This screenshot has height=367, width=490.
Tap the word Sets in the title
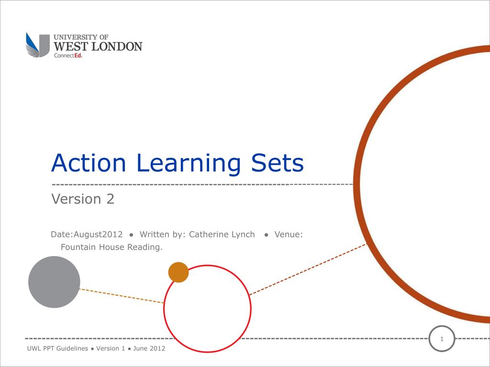[276, 163]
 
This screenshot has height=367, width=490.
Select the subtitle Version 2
[83, 199]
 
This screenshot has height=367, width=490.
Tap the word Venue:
[289, 235]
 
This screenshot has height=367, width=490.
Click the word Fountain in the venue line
[78, 247]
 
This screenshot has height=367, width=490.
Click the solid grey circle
[54, 282]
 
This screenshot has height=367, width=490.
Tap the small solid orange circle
[178, 272]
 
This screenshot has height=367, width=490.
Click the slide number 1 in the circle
[442, 339]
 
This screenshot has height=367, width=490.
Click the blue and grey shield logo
[38, 45]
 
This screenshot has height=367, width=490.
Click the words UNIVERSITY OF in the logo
[81, 37]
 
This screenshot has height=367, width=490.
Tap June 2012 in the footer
[149, 348]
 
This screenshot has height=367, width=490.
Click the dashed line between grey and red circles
[122, 296]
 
